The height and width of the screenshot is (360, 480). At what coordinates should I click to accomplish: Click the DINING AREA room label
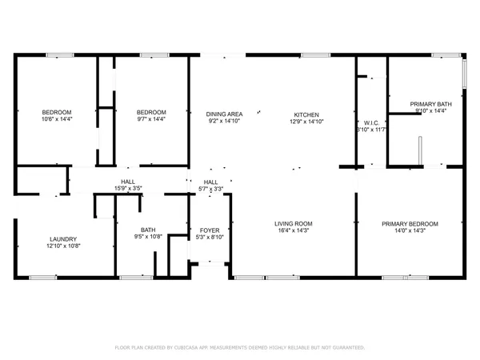(x=225, y=114)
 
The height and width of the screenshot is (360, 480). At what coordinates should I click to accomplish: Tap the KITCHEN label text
(x=306, y=114)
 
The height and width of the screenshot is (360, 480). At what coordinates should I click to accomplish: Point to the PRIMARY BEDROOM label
(x=410, y=223)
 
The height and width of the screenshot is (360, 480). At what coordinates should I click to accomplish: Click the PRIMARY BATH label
(x=430, y=104)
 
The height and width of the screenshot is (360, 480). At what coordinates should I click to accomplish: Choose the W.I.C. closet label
(x=371, y=122)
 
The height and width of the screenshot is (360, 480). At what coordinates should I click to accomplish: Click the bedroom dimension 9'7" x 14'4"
(x=150, y=119)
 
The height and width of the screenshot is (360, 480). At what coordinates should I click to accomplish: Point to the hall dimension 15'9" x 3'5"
(x=127, y=189)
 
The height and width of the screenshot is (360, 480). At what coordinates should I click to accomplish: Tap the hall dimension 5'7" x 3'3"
(x=211, y=189)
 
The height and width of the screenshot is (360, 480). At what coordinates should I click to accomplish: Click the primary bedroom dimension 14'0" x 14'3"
(x=410, y=231)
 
